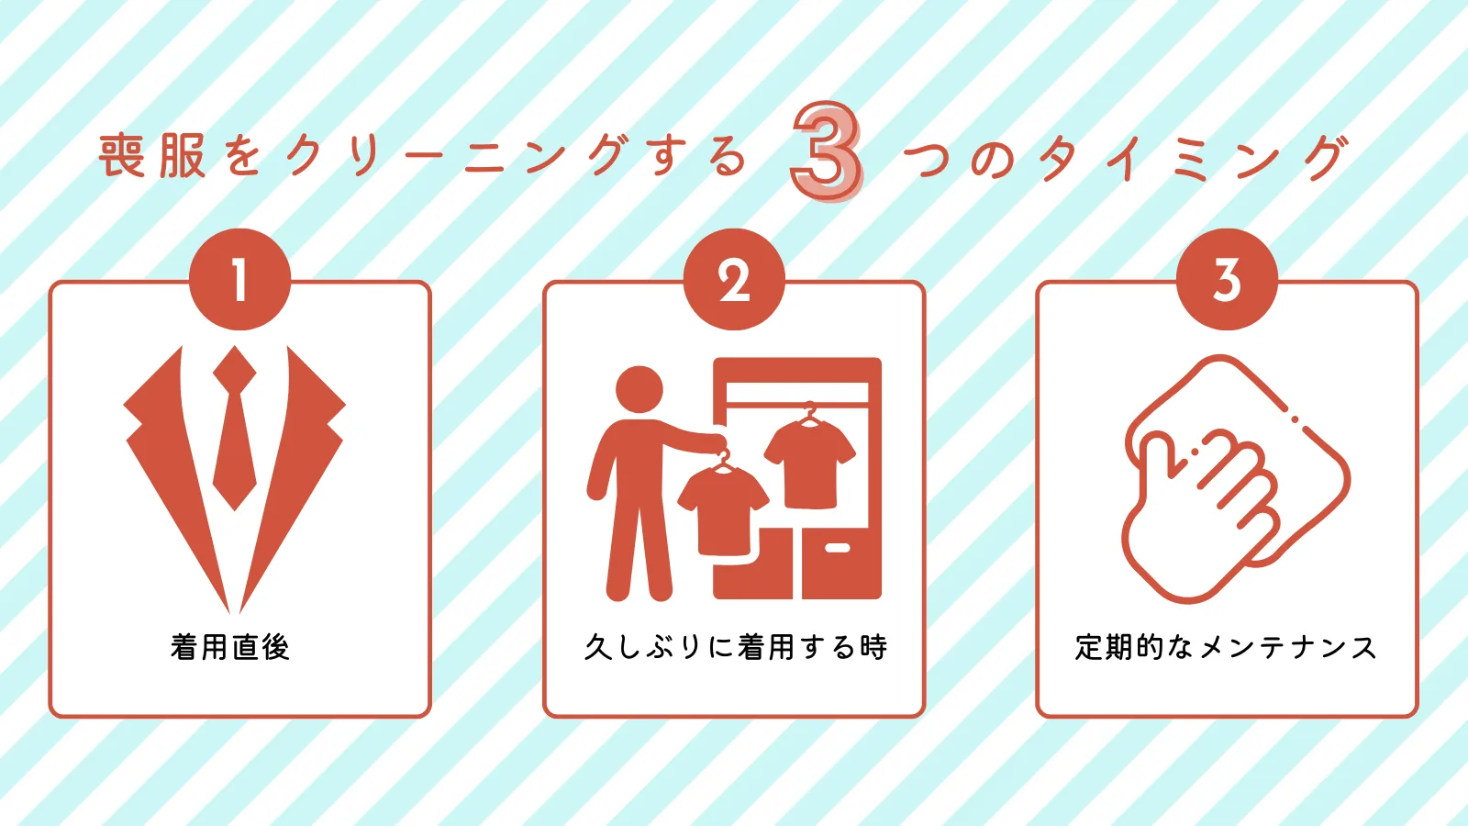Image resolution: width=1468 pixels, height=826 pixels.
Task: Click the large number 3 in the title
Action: [x=827, y=151]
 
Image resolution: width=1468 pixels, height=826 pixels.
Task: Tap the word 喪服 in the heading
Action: [x=152, y=156]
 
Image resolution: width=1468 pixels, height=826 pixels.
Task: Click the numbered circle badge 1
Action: [x=239, y=279]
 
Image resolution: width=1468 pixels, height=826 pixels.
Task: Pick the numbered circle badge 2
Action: [x=734, y=279]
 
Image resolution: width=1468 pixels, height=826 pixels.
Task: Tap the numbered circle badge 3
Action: [x=1227, y=279]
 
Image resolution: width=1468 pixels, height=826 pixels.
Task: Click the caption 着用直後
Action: [x=230, y=647]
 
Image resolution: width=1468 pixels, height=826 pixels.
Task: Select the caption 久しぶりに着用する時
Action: [x=735, y=647]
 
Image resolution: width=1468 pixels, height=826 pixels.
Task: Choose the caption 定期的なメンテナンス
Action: [x=1226, y=647]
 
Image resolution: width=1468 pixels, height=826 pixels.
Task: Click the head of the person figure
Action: [x=639, y=389]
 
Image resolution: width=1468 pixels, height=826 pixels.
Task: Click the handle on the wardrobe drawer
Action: [x=837, y=548]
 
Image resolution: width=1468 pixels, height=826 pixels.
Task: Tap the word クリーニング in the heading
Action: [x=458, y=156]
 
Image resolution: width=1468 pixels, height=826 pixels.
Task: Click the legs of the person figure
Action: [x=639, y=551]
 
